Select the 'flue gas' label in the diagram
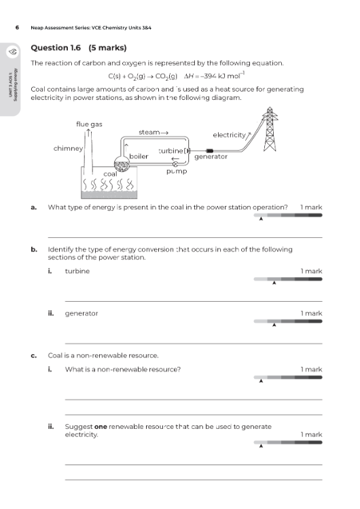pos(89,124)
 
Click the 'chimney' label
pos(68,147)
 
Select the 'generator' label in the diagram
pos(210,156)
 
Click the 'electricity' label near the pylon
pos(230,135)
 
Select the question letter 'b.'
pos(34,249)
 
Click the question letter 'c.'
pos(34,355)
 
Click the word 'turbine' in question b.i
pos(76,271)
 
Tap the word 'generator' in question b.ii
pos(81,313)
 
